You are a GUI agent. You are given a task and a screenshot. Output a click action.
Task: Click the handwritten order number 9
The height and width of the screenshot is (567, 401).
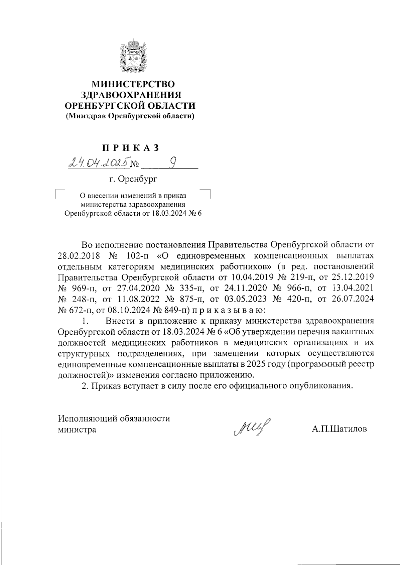coord(173,163)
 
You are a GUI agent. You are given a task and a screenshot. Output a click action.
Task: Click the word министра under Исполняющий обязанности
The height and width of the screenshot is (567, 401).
coord(77,429)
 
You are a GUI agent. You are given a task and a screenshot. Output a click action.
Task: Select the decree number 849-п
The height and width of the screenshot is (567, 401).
coord(176,311)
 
